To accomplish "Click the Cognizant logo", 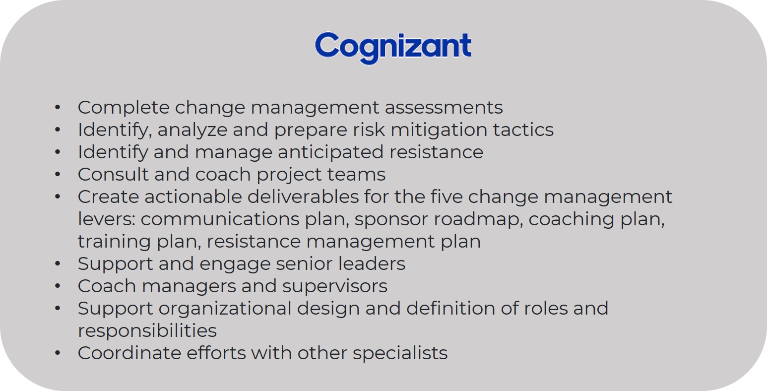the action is (393, 48).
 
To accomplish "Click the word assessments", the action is (444, 108).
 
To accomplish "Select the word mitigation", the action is (439, 130).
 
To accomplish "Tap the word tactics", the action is (523, 130).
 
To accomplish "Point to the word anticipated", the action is (330, 152).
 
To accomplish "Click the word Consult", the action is (113, 174).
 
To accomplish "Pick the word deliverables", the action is (303, 197).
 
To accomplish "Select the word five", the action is (446, 197).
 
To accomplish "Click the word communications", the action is (220, 219).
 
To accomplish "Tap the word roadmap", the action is (478, 219).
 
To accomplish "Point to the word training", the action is (114, 242).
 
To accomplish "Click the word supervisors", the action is (334, 287).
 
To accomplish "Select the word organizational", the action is (225, 309).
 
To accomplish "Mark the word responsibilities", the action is (147, 331).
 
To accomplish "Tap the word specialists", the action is (400, 353).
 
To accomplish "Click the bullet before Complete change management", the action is (58, 108).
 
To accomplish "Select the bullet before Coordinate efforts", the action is (58, 353).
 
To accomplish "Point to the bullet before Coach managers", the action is (58, 286).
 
